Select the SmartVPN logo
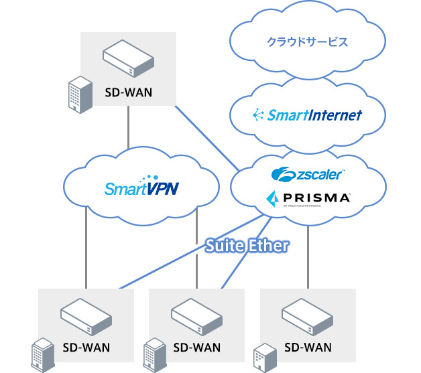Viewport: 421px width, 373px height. click(x=141, y=188)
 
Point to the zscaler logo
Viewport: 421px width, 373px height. click(x=308, y=175)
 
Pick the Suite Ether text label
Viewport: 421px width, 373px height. click(x=247, y=246)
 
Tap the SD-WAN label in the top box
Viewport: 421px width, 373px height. click(x=129, y=91)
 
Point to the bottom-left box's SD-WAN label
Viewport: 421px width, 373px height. click(x=86, y=348)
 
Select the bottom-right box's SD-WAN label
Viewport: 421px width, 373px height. click(x=308, y=348)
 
